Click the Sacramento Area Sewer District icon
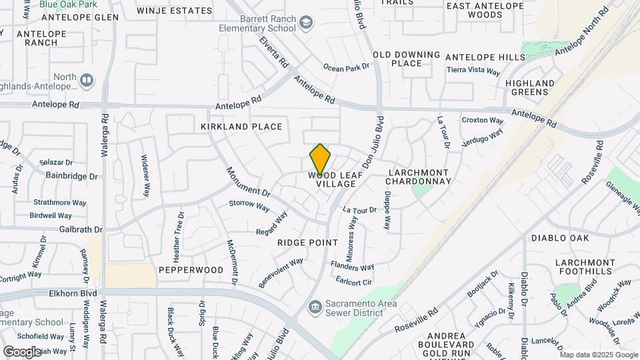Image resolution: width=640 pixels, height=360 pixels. (314, 305)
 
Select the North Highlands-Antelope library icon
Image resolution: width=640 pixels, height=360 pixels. (87, 81)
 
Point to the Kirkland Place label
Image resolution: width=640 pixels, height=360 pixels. (241, 127)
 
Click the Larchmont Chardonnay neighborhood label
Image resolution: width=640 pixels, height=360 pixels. (419, 177)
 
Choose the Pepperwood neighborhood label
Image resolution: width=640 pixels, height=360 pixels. (191, 270)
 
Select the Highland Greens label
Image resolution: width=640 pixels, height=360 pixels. (530, 87)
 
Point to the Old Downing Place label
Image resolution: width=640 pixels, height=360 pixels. (406, 59)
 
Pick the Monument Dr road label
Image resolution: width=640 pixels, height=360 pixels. (247, 181)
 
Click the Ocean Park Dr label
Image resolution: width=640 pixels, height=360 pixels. (346, 67)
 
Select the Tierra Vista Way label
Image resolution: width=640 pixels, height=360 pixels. (473, 71)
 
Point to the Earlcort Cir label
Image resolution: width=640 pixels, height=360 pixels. (353, 281)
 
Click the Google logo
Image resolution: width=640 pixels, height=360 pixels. (22, 351)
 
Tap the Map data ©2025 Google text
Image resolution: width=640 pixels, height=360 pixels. (599, 355)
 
